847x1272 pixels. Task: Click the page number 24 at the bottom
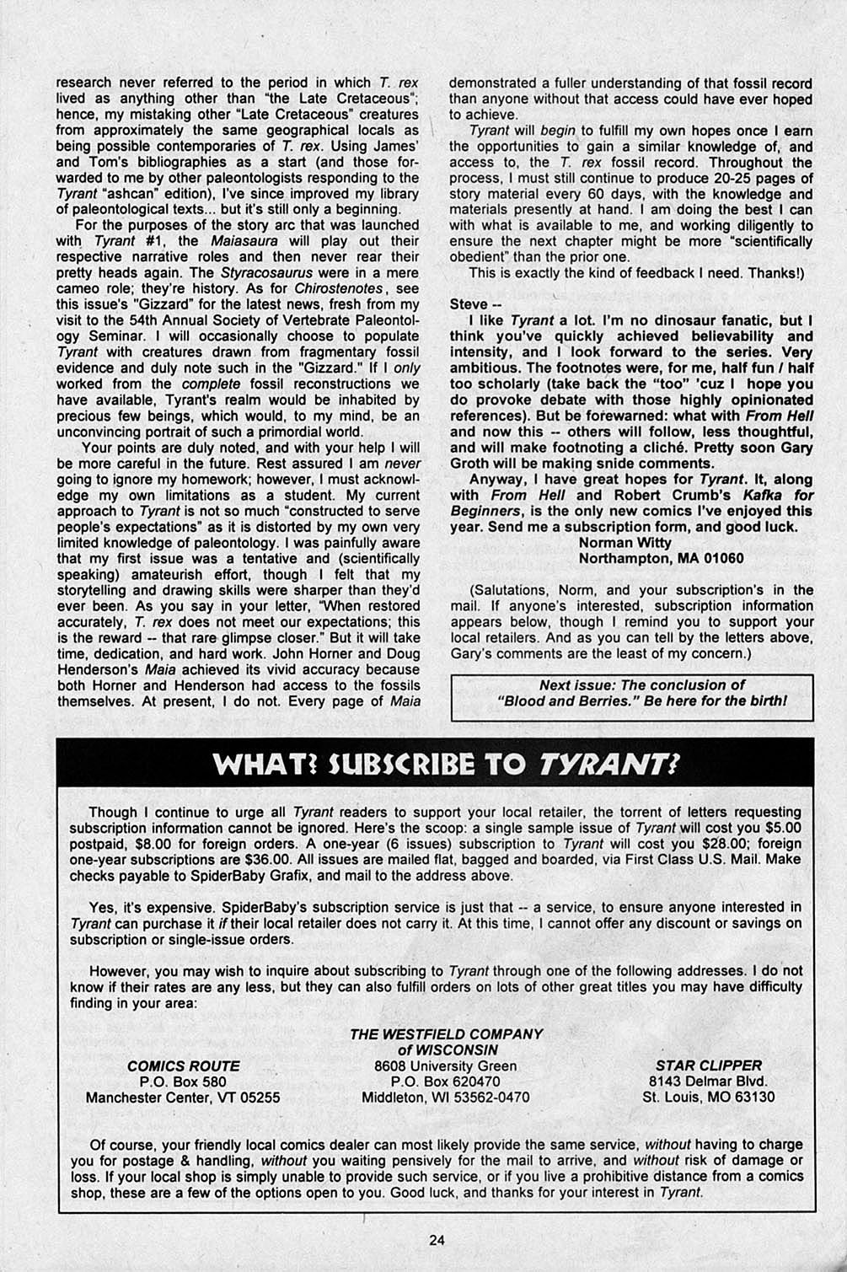click(436, 1239)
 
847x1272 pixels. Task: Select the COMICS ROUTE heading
click(183, 1065)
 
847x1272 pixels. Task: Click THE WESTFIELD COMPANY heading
click(446, 1033)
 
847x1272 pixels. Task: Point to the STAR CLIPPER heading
click(708, 1065)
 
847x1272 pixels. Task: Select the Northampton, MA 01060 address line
click(649, 558)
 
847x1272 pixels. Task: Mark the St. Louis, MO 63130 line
click(708, 1097)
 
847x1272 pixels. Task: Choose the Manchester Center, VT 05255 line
click(183, 1098)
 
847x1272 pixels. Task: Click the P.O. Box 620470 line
click(446, 1081)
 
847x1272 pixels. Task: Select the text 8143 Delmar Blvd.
click(708, 1081)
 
